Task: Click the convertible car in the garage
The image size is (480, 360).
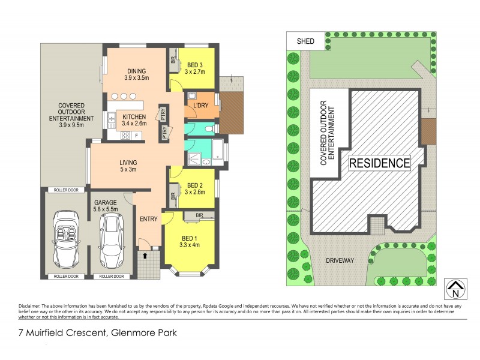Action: (x=65, y=238)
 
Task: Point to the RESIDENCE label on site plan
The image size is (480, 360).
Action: (x=380, y=163)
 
